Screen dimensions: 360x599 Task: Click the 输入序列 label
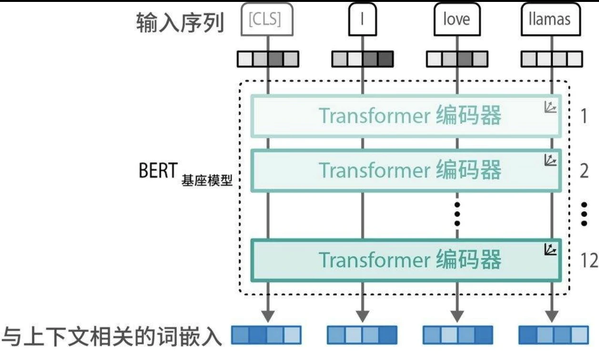(180, 21)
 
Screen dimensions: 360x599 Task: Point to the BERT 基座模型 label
(186, 174)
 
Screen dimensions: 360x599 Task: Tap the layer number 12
(589, 260)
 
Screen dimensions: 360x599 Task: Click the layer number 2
(584, 170)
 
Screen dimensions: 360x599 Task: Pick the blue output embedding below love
(457, 335)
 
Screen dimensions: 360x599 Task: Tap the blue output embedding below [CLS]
(266, 335)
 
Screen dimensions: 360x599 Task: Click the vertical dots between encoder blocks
(457, 213)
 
